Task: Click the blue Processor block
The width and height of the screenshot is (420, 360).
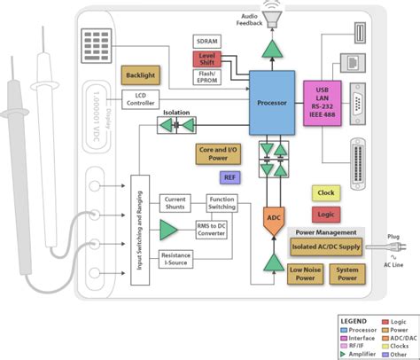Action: pyautogui.click(x=272, y=102)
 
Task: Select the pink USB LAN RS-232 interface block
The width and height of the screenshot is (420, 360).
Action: pyautogui.click(x=323, y=103)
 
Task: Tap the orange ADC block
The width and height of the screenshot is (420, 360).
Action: pyautogui.click(x=273, y=216)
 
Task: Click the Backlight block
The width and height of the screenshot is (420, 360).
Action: pyautogui.click(x=142, y=75)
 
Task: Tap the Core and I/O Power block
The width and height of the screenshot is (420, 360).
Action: pyautogui.click(x=218, y=154)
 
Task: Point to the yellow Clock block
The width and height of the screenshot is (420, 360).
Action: pyautogui.click(x=325, y=192)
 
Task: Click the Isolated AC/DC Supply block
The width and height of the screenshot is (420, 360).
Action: pyautogui.click(x=325, y=246)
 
